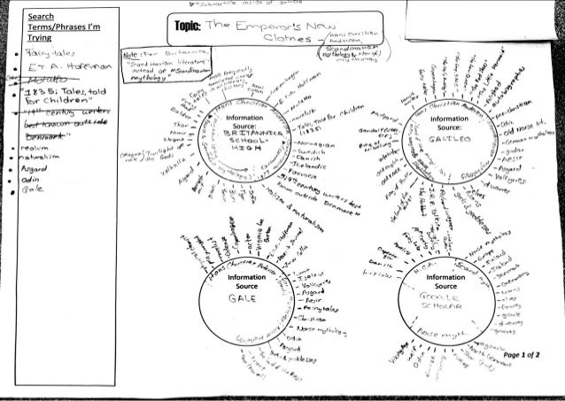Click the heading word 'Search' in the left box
pyautogui.click(x=41, y=16)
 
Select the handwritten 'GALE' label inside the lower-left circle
pyautogui.click(x=240, y=298)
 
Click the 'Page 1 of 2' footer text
pyautogui.click(x=527, y=353)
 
